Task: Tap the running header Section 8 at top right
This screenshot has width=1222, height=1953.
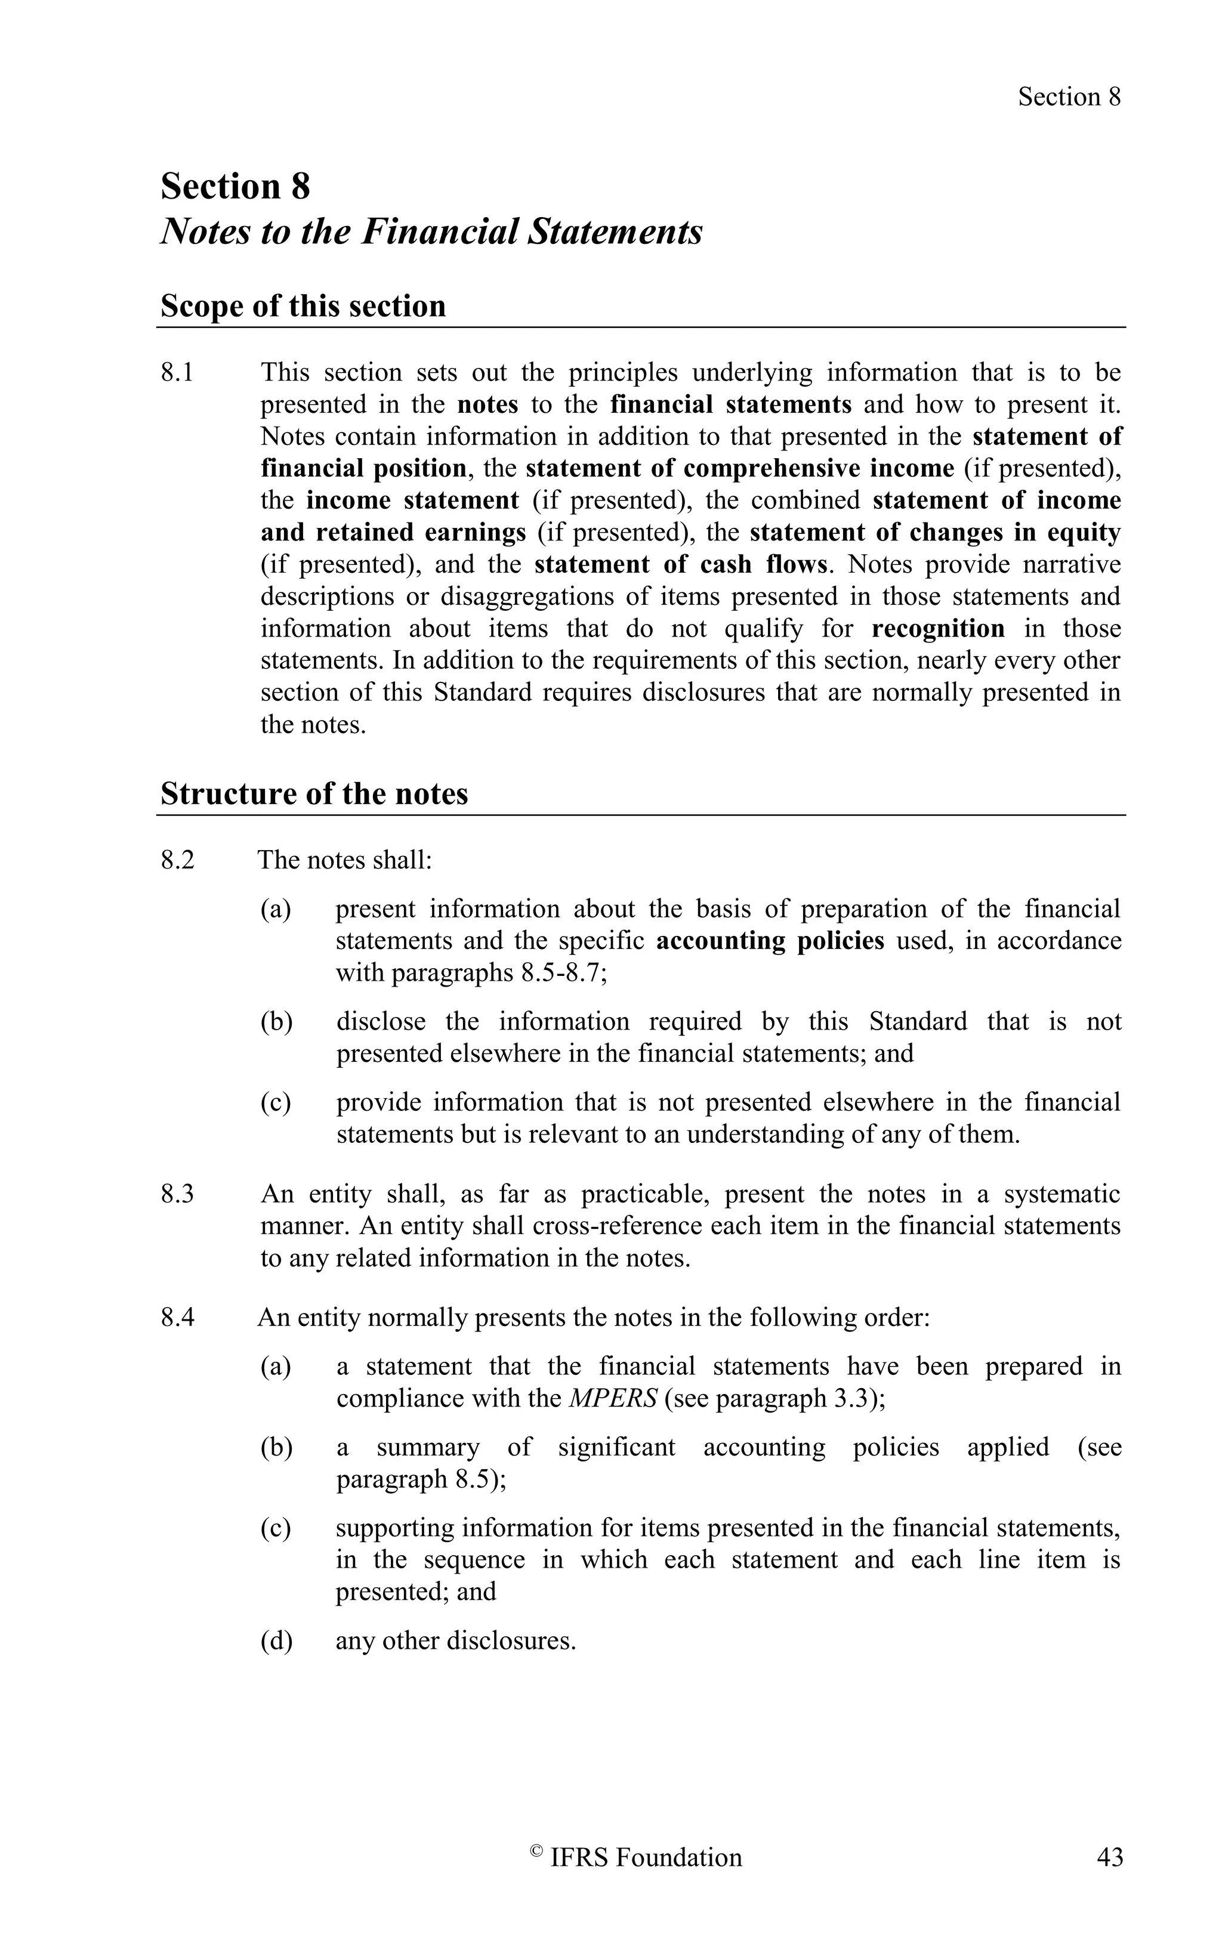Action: [x=1069, y=97]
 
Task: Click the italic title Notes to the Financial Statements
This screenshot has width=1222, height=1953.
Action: [x=431, y=232]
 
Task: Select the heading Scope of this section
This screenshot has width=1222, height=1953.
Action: [x=303, y=306]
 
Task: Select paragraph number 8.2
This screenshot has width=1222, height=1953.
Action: [x=177, y=860]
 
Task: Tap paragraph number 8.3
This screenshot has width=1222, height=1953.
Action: [x=177, y=1194]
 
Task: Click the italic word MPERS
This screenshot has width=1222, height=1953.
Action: [x=613, y=1399]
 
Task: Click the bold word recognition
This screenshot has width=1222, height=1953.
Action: [x=937, y=629]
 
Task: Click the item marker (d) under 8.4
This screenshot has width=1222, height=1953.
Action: [x=276, y=1641]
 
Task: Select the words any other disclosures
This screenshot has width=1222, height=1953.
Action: [x=455, y=1641]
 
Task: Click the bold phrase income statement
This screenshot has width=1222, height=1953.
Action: [x=412, y=501]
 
